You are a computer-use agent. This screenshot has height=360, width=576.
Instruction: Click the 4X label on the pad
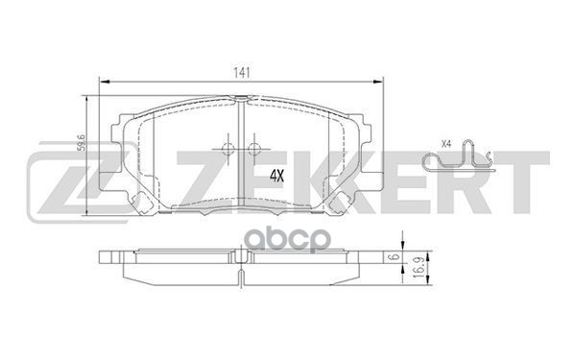[277, 176]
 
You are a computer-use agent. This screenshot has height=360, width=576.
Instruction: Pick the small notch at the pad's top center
[240, 99]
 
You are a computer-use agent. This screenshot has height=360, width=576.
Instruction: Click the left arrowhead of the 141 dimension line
[102, 82]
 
